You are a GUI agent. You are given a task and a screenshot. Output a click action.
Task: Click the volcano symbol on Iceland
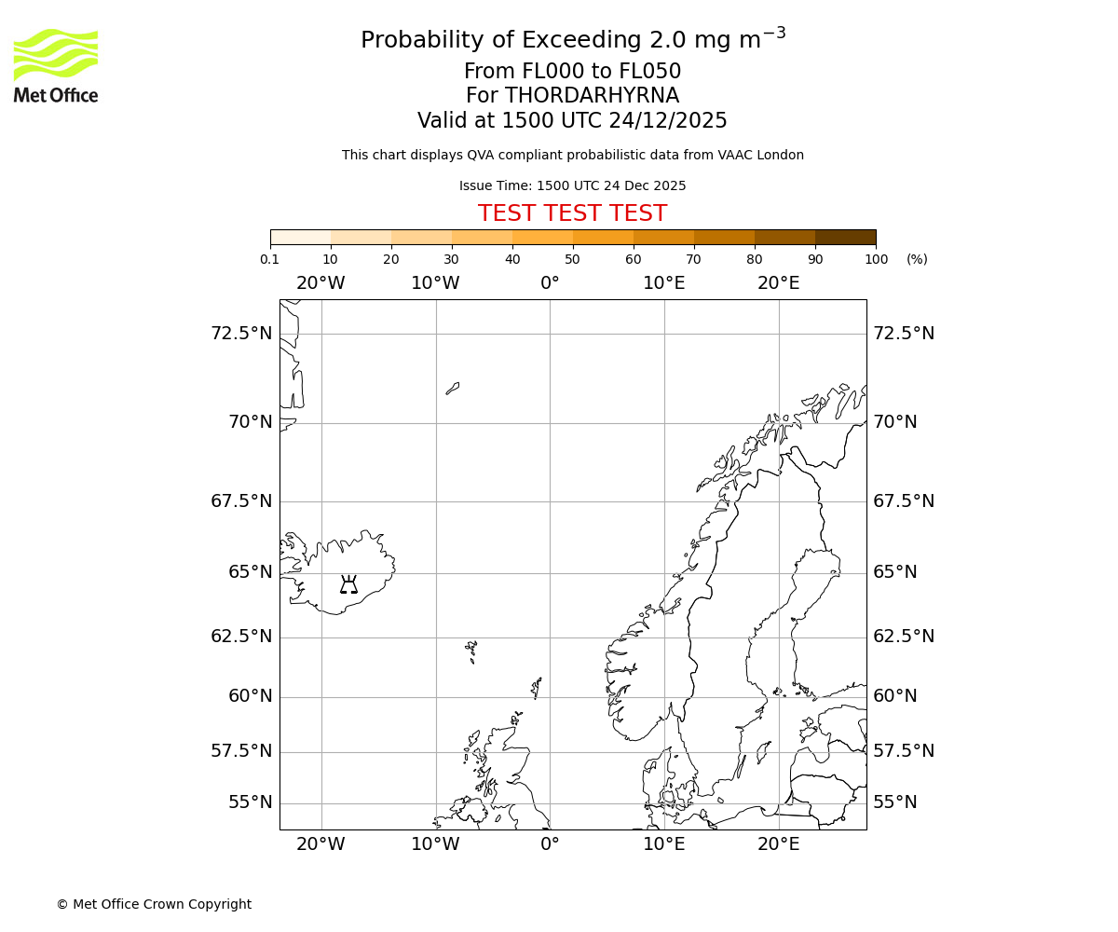[348, 584]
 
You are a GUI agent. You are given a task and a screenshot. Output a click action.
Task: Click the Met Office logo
[56, 65]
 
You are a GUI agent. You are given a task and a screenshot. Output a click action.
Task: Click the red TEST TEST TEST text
[572, 213]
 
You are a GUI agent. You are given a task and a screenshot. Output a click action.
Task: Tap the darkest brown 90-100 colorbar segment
[845, 237]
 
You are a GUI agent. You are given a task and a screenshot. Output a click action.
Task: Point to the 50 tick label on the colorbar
[572, 259]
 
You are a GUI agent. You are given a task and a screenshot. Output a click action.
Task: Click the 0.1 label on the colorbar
[269, 259]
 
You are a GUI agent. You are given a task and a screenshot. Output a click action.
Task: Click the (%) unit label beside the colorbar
[917, 259]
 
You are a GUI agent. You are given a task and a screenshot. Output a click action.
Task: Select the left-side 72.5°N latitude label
[241, 334]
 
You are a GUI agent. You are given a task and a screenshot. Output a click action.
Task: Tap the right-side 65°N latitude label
[894, 572]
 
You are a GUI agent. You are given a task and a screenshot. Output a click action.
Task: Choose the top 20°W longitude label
[320, 283]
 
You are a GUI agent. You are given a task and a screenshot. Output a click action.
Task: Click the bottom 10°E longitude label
[664, 844]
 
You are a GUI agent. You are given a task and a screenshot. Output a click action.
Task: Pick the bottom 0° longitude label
[550, 844]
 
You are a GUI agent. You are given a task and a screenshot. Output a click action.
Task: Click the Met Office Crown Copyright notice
[154, 904]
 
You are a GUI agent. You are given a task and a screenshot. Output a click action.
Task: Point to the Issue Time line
[572, 185]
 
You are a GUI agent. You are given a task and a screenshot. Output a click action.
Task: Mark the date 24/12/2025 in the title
[668, 121]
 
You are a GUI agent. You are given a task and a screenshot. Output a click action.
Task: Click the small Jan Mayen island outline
[452, 388]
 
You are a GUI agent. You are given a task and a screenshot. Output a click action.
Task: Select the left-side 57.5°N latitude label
[241, 751]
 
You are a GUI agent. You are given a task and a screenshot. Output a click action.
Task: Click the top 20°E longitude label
[778, 283]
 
